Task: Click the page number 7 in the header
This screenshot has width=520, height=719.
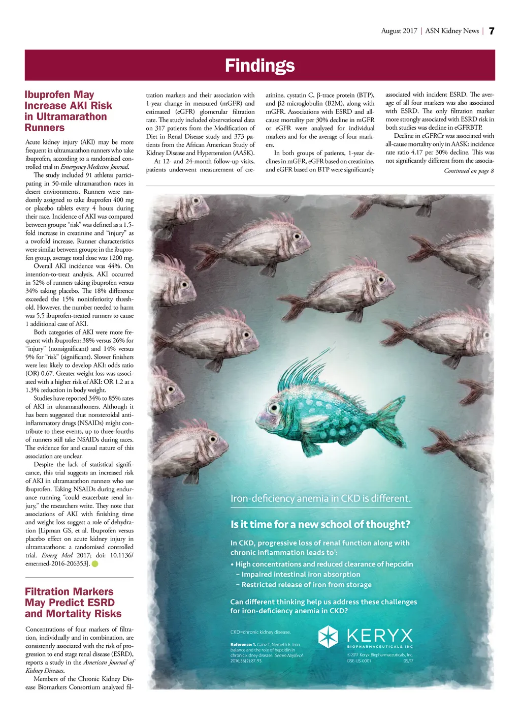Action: point(491,31)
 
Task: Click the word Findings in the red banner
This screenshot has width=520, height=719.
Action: point(259,66)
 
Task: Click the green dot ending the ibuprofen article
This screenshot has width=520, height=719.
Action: point(95,564)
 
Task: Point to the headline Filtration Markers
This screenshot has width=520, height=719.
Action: point(69,591)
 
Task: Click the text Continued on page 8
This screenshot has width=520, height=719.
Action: point(469,171)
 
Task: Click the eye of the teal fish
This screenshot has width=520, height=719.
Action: point(275,407)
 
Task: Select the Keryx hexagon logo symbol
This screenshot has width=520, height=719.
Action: point(328,636)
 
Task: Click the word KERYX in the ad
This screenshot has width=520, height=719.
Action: point(380,636)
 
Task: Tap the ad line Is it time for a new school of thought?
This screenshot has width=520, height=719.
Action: point(320,524)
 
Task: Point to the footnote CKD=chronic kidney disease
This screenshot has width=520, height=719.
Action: point(261,632)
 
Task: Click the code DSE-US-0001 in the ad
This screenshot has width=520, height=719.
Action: point(359,661)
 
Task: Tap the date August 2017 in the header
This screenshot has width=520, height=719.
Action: point(399,31)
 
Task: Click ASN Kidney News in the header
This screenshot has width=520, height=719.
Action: point(452,31)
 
